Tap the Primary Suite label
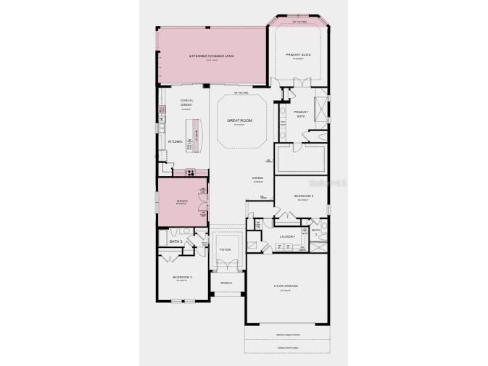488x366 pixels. (298, 55)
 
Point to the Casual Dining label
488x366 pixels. (186, 102)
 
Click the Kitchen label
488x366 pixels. (175, 141)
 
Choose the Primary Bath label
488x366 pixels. (301, 113)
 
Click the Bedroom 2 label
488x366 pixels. (303, 196)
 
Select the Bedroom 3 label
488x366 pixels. (181, 278)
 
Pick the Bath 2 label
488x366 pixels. (316, 231)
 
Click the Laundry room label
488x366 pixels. (287, 236)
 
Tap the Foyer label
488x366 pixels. (225, 249)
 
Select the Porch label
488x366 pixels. (225, 281)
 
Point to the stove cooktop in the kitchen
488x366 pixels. (191, 172)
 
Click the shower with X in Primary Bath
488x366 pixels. (320, 107)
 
